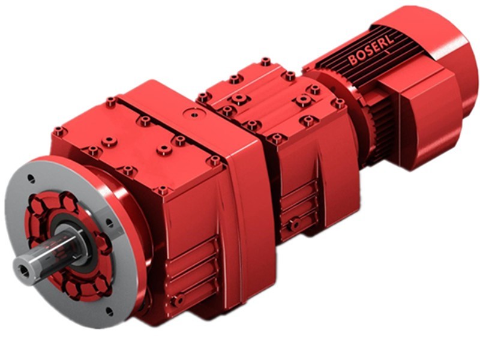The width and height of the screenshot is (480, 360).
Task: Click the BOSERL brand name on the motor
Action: point(373,53)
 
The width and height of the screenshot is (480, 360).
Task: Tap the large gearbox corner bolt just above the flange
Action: point(58,131)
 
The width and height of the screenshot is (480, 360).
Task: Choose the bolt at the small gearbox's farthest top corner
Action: point(265,61)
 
